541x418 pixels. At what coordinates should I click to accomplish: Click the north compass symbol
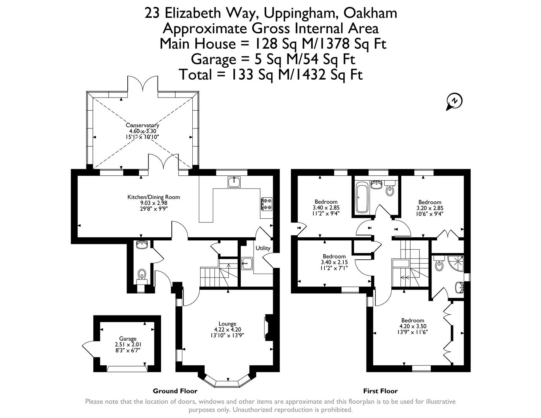[455, 101]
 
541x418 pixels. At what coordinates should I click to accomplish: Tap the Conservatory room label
[142, 125]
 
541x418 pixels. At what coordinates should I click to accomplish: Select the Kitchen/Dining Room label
[154, 197]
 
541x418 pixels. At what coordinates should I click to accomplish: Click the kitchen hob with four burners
[267, 204]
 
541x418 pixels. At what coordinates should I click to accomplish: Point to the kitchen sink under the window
[234, 182]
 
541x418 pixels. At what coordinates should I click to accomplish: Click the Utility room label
[263, 248]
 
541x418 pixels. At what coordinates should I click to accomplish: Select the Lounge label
[227, 324]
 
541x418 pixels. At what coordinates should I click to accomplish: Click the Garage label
[127, 339]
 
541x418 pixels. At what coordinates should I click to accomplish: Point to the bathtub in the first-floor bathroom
[362, 199]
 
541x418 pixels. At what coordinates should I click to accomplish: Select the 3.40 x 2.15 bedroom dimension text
[334, 262]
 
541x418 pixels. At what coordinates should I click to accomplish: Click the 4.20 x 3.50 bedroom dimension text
[413, 326]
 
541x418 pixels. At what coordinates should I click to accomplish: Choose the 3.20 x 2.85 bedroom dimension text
[430, 208]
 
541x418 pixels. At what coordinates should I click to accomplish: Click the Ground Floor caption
[175, 391]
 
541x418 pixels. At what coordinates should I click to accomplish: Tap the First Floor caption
[380, 391]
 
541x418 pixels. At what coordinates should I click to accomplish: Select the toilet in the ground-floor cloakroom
[142, 274]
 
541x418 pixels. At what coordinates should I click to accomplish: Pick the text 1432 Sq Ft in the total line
[326, 74]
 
